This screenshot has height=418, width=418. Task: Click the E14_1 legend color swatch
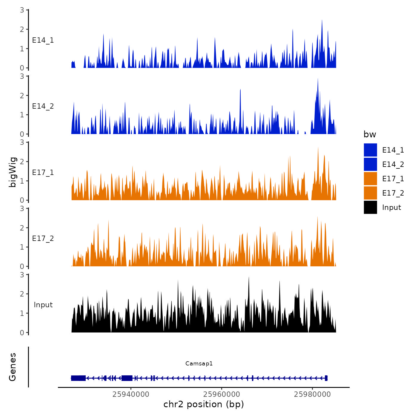370,150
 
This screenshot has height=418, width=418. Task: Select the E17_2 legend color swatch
370,193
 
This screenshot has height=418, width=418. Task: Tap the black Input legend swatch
370,207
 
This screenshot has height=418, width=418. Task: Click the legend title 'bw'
370,134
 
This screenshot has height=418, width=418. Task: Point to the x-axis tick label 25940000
131,394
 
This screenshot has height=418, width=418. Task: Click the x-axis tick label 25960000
222,394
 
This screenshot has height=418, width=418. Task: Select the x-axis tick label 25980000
312,394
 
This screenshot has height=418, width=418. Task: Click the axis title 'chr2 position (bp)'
204,404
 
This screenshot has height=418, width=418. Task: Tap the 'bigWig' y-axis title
13,172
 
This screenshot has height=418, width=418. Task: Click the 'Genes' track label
13,367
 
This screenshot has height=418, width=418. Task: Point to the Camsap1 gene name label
199,363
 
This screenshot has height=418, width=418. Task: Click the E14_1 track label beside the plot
43,40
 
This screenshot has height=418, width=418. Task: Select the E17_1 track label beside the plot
43,173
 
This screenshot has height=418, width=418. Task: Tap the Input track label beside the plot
43,305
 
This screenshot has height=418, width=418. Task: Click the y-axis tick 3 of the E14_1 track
22,10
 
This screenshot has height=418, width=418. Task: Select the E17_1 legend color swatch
370,179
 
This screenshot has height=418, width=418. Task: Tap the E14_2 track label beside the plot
43,106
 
